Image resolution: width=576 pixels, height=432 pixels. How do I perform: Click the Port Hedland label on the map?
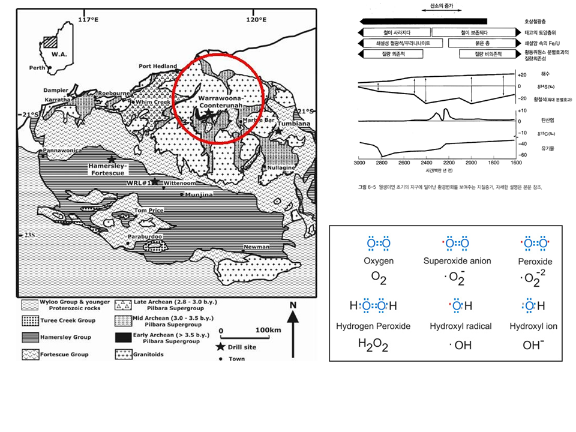(158, 66)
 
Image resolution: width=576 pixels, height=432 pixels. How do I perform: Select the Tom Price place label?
(149, 211)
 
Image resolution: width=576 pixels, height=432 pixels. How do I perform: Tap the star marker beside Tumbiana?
(278, 130)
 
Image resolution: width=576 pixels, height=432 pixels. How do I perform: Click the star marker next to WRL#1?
(155, 181)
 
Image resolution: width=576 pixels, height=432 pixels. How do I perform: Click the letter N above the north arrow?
(293, 305)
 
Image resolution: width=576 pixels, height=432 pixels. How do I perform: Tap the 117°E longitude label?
(88, 20)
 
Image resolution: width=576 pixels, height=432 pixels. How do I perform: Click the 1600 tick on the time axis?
(515, 163)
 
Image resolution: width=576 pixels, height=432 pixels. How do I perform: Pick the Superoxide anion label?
(457, 261)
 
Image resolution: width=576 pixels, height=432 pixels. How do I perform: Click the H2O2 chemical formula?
(373, 345)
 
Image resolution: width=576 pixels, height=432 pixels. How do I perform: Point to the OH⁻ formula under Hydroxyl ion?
(532, 344)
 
